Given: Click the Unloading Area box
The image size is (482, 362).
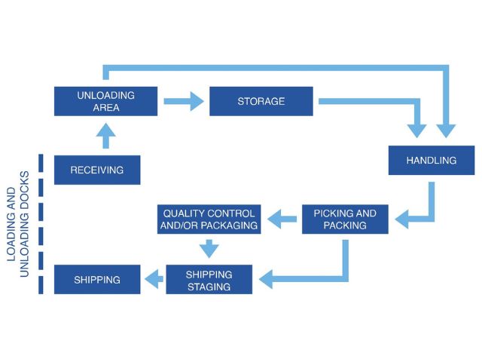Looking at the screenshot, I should (105, 101).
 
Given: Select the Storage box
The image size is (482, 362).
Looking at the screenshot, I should (261, 101).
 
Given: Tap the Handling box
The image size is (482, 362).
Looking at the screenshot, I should (431, 160).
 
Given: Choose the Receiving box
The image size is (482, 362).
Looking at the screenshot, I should (96, 170).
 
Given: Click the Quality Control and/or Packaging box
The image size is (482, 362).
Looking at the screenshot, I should (209, 219).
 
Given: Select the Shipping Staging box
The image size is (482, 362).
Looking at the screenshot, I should (209, 280).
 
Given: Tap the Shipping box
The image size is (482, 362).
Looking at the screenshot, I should (97, 280).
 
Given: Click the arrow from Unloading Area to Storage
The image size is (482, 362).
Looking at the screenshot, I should (184, 101).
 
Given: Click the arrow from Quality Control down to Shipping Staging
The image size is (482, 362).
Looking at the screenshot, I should (209, 247).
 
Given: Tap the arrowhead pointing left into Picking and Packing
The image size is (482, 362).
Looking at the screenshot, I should (402, 219).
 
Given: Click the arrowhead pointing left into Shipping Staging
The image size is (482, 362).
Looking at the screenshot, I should (267, 280).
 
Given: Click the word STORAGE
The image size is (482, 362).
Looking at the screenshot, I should (261, 101).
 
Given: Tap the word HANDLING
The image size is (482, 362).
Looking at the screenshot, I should (431, 160).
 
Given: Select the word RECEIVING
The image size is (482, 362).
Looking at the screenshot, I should (96, 170).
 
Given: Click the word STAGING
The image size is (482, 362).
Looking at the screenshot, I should (209, 287).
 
